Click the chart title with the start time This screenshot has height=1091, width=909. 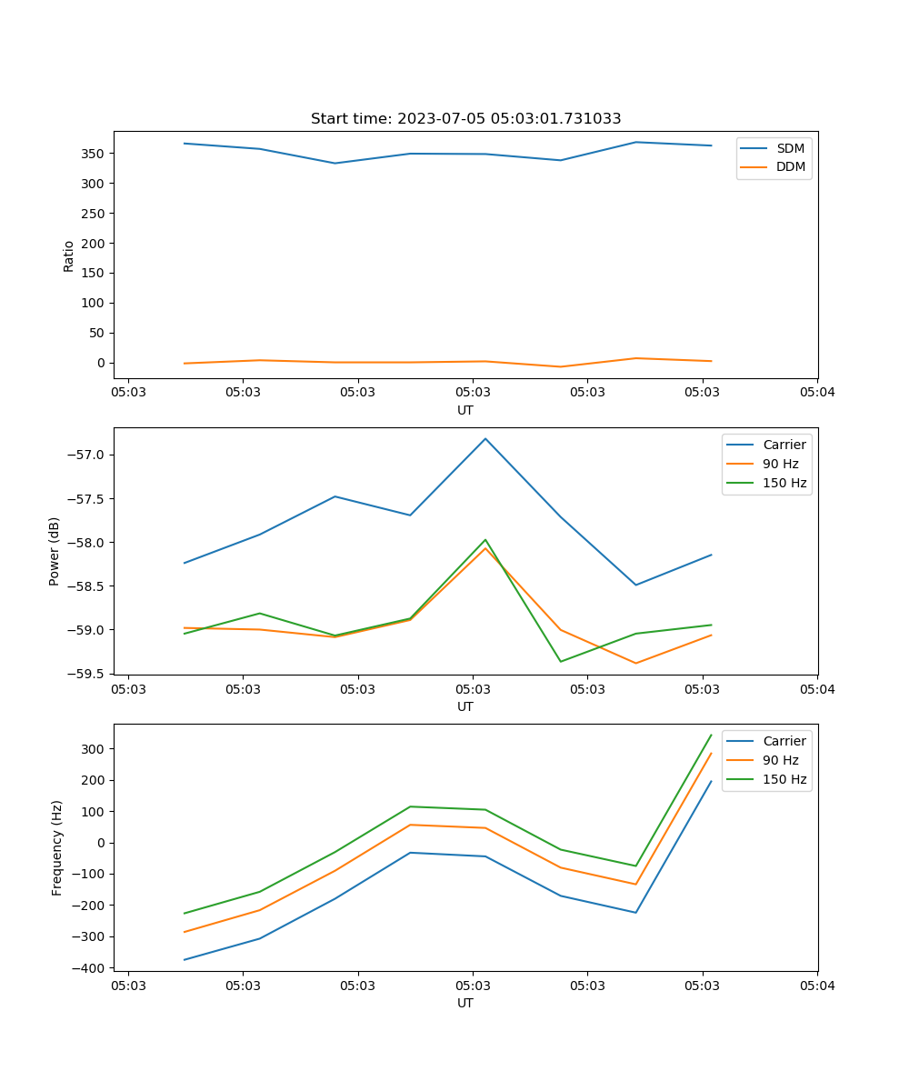[x=465, y=119]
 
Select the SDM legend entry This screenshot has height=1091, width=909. [x=790, y=147]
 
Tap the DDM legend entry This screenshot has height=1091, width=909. [x=790, y=166]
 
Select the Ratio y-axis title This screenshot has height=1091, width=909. [x=69, y=255]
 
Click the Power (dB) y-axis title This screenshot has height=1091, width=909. [x=55, y=551]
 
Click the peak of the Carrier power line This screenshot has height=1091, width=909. [x=485, y=438]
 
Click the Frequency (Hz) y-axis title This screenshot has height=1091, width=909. [x=57, y=847]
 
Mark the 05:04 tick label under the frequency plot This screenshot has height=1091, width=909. [x=816, y=986]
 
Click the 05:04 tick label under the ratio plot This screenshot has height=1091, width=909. [x=816, y=393]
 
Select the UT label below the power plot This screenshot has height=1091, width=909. [x=465, y=706]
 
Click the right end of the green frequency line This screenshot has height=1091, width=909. [x=711, y=735]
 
